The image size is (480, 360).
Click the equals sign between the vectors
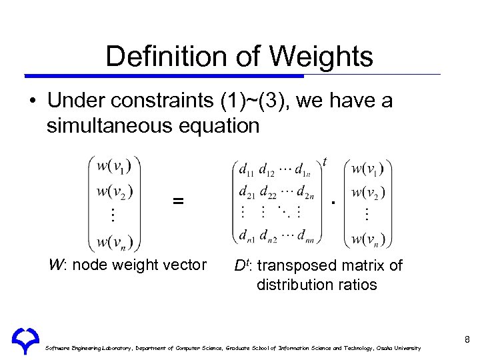178,200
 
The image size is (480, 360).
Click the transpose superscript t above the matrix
325,162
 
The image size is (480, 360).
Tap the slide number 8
467,340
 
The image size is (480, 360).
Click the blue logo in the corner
25,340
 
